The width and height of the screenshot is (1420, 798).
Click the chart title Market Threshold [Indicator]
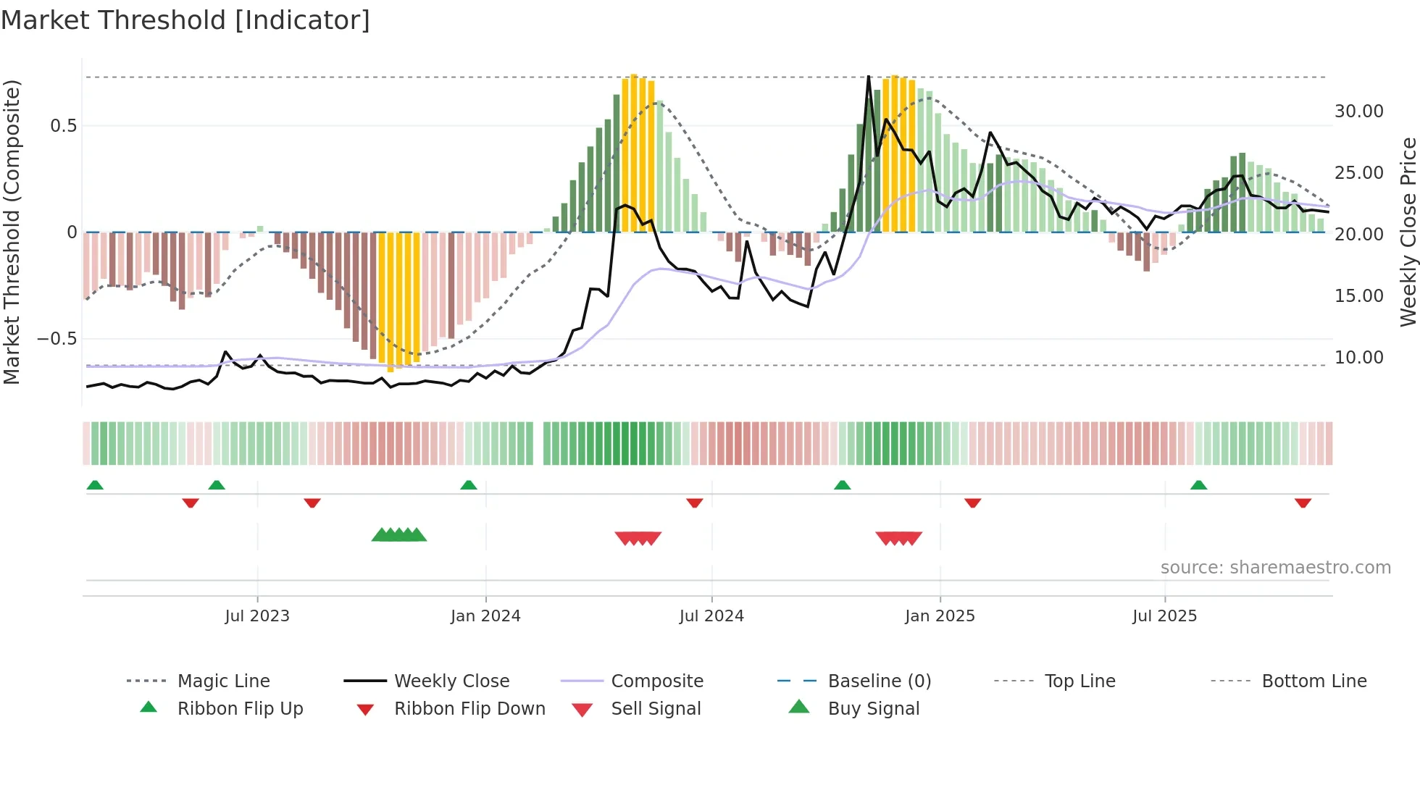(x=185, y=20)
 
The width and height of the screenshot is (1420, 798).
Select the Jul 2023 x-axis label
(x=257, y=616)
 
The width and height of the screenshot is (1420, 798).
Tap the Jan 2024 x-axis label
(x=485, y=616)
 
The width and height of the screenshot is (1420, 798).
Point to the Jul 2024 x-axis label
(x=711, y=616)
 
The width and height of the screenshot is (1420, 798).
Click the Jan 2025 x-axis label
(x=940, y=616)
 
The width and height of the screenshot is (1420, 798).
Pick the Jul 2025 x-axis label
(x=1165, y=616)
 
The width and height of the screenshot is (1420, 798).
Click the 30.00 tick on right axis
(x=1358, y=112)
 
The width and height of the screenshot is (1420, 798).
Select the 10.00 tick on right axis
(x=1358, y=358)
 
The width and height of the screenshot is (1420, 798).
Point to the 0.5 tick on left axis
(x=63, y=126)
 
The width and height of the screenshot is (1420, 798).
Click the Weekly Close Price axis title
(x=1408, y=232)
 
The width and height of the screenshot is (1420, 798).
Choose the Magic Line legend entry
(x=223, y=681)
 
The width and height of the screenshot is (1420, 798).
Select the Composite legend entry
(x=656, y=681)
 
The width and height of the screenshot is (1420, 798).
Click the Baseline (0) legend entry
(x=879, y=681)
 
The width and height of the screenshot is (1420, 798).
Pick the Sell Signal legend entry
(x=655, y=709)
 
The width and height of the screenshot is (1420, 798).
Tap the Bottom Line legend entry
(x=1313, y=681)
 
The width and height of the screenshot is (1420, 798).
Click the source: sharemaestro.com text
(x=1275, y=568)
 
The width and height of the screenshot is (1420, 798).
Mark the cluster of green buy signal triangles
(x=399, y=535)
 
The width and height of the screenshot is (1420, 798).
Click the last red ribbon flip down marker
(x=1303, y=503)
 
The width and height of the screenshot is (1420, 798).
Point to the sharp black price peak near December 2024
(x=869, y=77)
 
